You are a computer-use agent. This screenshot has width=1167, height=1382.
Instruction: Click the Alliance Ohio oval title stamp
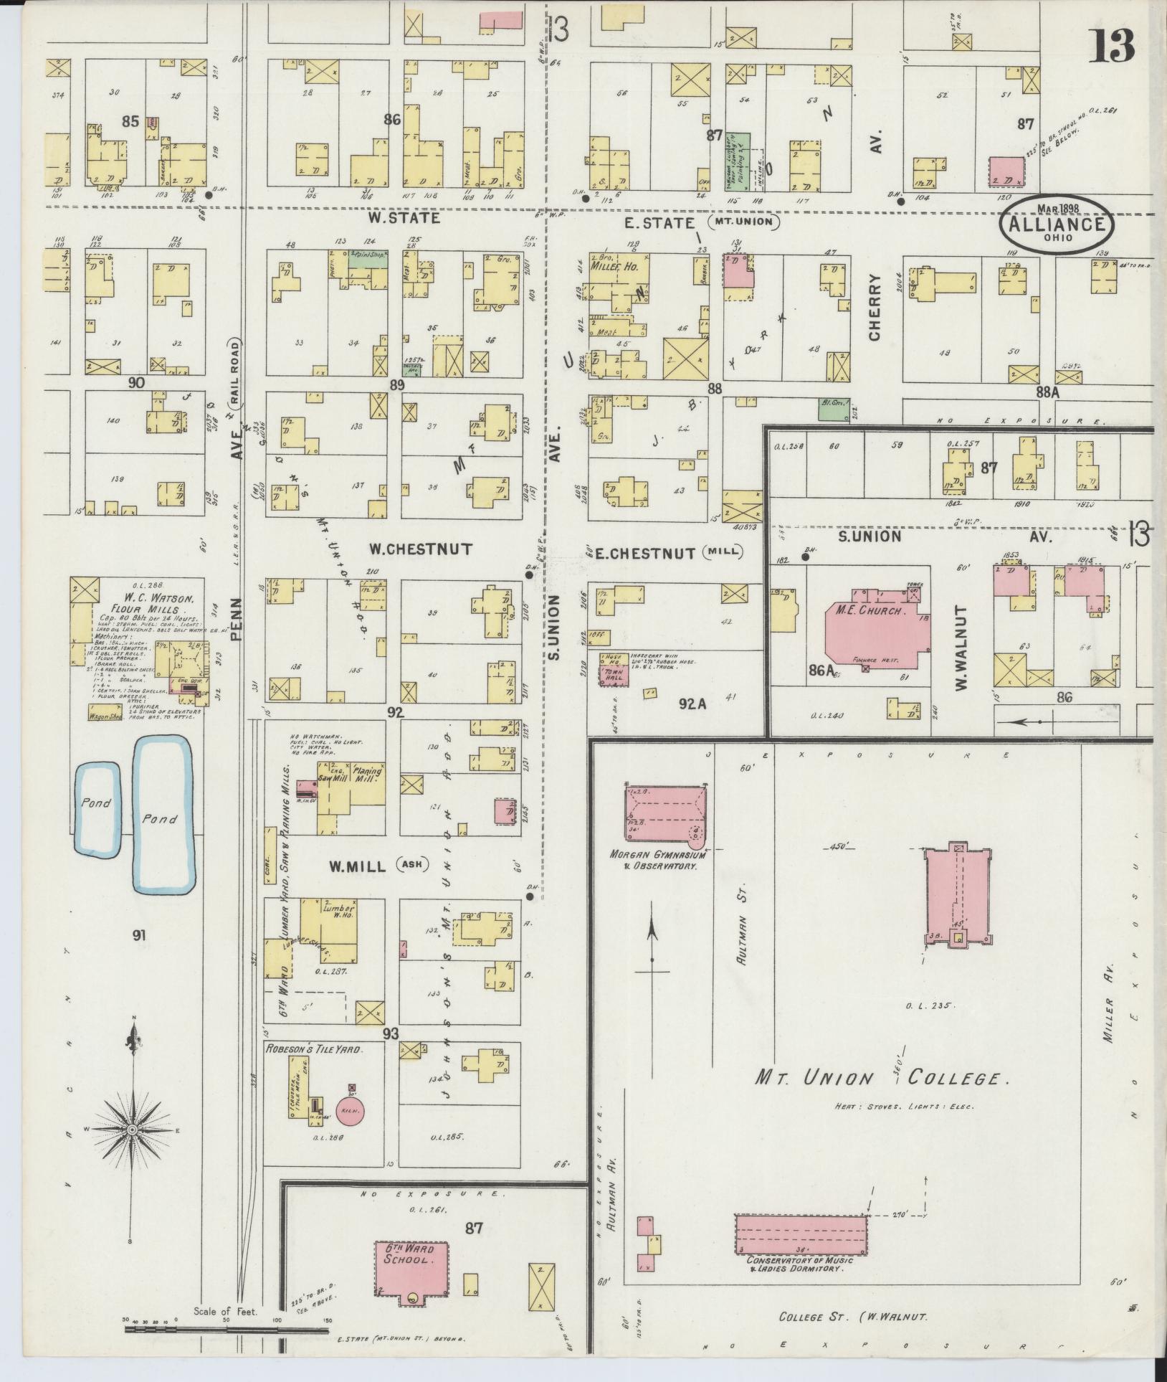[x=1057, y=223]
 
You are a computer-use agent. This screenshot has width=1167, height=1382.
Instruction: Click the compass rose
[x=132, y=1130]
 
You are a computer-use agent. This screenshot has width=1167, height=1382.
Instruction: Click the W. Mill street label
[x=358, y=866]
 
